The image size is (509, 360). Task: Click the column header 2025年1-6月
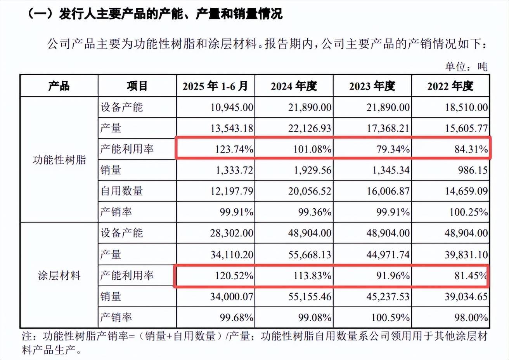pyautogui.click(x=215, y=86)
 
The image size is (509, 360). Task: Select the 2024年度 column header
pyautogui.click(x=294, y=86)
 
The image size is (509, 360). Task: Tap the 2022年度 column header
pyautogui.click(x=450, y=86)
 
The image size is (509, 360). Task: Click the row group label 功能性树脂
pyautogui.click(x=59, y=159)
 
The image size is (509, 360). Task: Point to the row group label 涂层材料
pyautogui.click(x=59, y=275)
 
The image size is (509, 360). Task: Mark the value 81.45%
pyautogui.click(x=470, y=275)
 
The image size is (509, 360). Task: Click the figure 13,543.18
pyautogui.click(x=232, y=128)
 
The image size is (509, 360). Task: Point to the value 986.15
pyautogui.click(x=473, y=170)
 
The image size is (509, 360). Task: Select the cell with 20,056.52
pyautogui.click(x=310, y=191)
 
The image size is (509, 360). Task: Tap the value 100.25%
pyautogui.click(x=468, y=212)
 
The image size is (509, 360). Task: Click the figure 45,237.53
pyautogui.click(x=388, y=297)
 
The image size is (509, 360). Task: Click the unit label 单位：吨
pyautogui.click(x=466, y=67)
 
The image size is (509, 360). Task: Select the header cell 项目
pyautogui.click(x=137, y=86)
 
